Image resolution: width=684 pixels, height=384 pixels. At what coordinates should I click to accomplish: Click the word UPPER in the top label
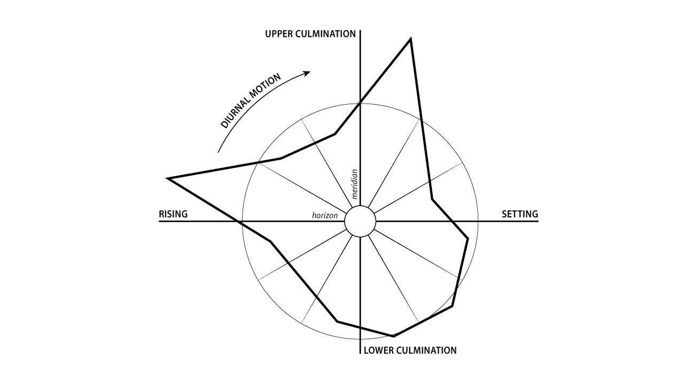tap(277, 34)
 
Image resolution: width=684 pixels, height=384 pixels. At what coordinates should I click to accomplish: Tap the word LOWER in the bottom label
tap(377, 351)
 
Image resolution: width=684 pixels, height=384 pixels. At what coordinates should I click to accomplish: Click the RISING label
tap(173, 215)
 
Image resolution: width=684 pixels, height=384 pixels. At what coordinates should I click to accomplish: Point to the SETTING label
tap(519, 215)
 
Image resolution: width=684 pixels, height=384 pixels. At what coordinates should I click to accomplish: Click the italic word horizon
tap(325, 216)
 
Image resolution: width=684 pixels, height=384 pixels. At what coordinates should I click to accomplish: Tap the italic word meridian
tap(354, 184)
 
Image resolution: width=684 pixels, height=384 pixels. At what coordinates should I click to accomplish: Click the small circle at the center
tap(360, 221)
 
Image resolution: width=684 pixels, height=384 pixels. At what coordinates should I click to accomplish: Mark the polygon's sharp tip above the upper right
tap(410, 38)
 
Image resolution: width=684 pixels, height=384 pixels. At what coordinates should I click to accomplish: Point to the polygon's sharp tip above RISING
tap(167, 178)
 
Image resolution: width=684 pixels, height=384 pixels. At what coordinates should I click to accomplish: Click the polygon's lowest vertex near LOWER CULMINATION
tap(394, 336)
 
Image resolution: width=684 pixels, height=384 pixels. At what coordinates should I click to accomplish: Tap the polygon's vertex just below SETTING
tap(468, 238)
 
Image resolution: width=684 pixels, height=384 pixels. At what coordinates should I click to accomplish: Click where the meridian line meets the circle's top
tap(360, 103)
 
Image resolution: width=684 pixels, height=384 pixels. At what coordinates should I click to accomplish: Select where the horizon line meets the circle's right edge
tap(478, 221)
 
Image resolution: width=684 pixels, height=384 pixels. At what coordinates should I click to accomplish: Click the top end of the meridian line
tap(360, 31)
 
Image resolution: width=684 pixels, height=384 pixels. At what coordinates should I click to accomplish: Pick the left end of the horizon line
tap(160, 221)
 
